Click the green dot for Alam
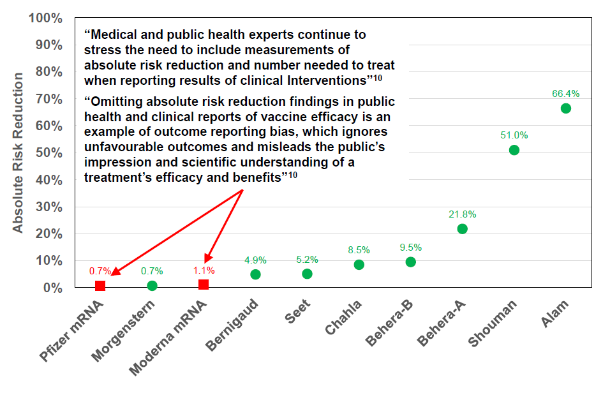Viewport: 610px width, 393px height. [x=565, y=108]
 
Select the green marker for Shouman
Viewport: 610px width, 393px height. [x=514, y=150]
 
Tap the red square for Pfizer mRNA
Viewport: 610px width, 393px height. [x=100, y=285]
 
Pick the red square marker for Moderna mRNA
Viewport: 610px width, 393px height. [x=204, y=284]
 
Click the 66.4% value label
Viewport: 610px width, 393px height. [x=565, y=94]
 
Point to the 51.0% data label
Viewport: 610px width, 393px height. [x=514, y=135]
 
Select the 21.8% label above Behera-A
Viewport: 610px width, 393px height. [x=462, y=214]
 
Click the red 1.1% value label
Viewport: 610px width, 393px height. [x=204, y=270]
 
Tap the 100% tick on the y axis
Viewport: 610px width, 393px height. [x=45, y=18]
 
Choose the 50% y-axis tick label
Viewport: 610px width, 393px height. [x=48, y=153]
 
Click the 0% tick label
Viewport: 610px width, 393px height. [x=52, y=288]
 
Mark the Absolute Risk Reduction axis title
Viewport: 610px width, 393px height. [x=19, y=153]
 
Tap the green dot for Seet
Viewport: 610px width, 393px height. [x=307, y=274]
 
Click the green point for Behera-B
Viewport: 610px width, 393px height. [x=410, y=262]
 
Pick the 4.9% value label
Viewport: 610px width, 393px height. [x=255, y=260]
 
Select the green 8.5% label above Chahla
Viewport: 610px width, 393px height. [x=359, y=250]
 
